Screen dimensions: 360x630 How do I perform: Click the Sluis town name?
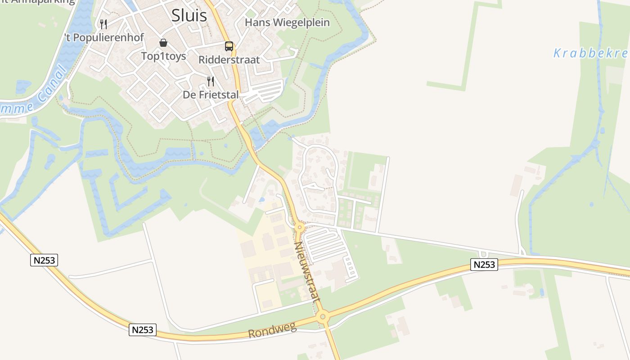(189, 15)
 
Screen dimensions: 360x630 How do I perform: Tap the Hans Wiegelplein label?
(287, 22)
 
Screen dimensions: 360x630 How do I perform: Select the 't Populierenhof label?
(104, 37)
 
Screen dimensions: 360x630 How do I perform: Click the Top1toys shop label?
(163, 56)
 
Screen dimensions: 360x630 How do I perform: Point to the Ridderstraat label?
(229, 59)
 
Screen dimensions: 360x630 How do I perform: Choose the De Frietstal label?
(211, 95)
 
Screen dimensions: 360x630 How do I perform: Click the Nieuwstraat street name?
(307, 272)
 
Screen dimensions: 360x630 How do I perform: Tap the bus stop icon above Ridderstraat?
(229, 46)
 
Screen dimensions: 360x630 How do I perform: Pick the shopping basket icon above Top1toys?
(163, 43)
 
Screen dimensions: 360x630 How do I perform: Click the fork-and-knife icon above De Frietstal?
(210, 81)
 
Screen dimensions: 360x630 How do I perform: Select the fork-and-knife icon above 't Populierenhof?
(103, 24)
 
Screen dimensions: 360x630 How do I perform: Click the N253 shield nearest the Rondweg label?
(143, 330)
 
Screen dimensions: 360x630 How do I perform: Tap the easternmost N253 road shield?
(484, 265)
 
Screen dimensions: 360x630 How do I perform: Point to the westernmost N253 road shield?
(44, 260)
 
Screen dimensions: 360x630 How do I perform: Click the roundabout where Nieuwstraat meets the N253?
(322, 317)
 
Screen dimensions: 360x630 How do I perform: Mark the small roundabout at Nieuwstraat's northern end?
(300, 228)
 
